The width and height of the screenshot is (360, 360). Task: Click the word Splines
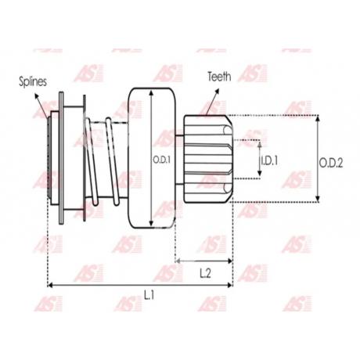33,81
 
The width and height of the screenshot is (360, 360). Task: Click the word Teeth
219,77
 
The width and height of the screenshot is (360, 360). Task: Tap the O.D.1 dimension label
161,160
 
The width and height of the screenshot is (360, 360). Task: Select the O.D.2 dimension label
331,163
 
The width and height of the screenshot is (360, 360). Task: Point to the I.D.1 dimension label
269,160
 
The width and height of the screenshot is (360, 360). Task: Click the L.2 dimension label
205,274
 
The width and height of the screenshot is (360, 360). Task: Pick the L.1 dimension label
149,295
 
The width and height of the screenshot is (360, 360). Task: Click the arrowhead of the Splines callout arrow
37,95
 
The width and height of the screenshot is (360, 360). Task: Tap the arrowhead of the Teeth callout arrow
216,92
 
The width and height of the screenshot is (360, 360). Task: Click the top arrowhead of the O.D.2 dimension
318,118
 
